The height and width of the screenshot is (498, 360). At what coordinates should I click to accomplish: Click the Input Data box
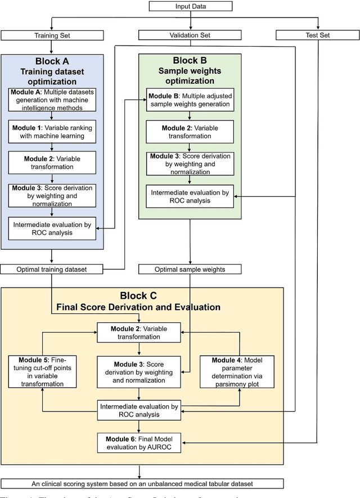pyautogui.click(x=191, y=6)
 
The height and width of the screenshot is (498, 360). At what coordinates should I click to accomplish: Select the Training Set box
pyautogui.click(x=52, y=35)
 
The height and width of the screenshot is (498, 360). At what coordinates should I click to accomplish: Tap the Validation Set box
pyautogui.click(x=190, y=35)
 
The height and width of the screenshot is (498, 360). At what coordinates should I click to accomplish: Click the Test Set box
pyautogui.click(x=318, y=35)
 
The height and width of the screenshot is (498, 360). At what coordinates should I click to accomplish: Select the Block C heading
pyautogui.click(x=142, y=295)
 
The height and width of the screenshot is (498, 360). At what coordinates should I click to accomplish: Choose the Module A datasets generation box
pyautogui.click(x=52, y=100)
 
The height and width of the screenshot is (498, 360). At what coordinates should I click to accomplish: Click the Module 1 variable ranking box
pyautogui.click(x=52, y=133)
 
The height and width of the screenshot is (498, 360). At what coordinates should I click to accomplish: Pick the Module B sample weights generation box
pyautogui.click(x=190, y=100)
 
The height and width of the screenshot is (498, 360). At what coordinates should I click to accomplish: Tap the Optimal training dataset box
pyautogui.click(x=52, y=269)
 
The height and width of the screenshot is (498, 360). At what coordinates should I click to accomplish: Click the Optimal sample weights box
pyautogui.click(x=190, y=269)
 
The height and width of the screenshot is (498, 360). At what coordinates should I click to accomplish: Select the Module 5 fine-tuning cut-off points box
pyautogui.click(x=43, y=371)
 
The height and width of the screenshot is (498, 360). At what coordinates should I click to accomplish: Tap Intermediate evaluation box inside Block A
pyautogui.click(x=52, y=228)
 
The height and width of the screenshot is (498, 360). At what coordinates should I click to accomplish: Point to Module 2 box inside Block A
pyautogui.click(x=52, y=163)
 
